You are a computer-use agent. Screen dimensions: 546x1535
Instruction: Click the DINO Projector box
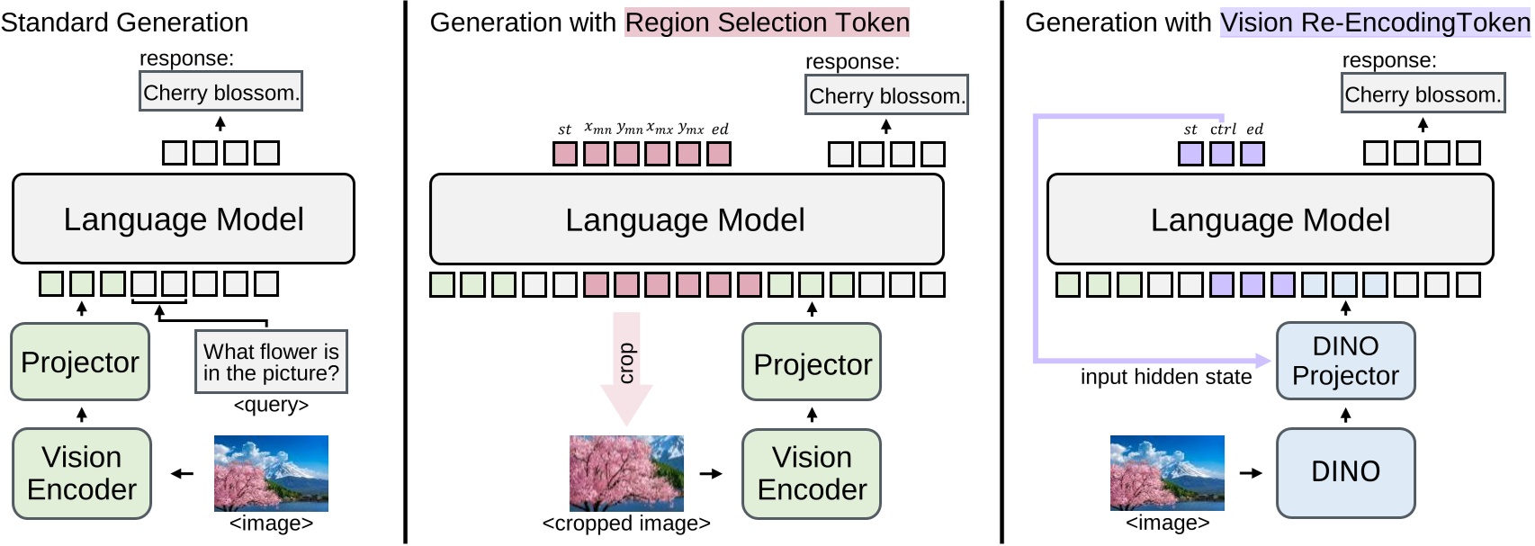click(1345, 361)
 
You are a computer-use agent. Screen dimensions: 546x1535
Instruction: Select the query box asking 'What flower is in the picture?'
click(271, 362)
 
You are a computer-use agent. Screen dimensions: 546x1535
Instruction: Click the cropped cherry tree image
click(626, 473)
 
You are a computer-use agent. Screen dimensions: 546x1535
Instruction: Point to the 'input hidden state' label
click(1166, 377)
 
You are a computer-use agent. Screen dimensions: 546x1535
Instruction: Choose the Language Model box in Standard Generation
click(184, 219)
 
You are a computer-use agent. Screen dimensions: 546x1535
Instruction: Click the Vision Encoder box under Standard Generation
click(81, 473)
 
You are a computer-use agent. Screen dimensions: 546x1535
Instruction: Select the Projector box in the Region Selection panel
click(812, 363)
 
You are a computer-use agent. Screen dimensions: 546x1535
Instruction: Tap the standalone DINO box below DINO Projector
click(1345, 472)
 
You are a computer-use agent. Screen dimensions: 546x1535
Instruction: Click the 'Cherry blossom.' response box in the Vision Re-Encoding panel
click(1423, 94)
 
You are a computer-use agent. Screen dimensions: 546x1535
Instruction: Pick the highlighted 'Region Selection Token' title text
click(767, 22)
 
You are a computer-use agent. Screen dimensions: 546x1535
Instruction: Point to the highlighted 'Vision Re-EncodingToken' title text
click(1375, 22)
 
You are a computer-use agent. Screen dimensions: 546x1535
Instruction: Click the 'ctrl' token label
click(1223, 130)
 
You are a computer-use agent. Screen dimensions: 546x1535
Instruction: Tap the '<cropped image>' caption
click(626, 524)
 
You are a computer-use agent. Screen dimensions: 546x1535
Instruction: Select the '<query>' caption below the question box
click(271, 405)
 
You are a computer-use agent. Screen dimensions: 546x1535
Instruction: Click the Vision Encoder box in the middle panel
click(812, 473)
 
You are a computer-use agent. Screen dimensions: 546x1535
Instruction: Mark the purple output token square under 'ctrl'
click(1221, 154)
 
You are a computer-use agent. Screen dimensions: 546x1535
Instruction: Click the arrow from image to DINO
click(1251, 473)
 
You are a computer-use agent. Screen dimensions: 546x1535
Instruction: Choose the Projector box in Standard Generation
click(80, 362)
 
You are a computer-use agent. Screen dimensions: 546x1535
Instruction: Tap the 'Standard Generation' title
click(124, 22)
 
